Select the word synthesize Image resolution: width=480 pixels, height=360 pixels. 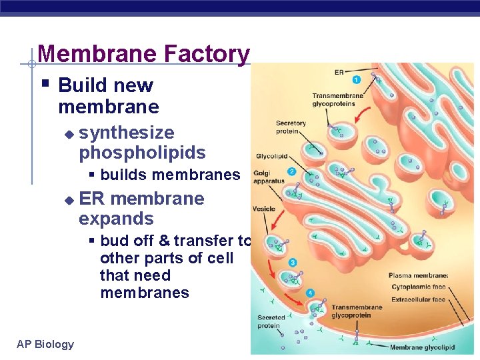tap(126, 133)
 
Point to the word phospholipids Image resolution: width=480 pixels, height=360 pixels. tap(142, 153)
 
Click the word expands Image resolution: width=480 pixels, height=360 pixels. tap(116, 219)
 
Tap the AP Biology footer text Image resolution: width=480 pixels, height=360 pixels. tap(45, 344)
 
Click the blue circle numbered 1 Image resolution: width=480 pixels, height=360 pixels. tap(356, 80)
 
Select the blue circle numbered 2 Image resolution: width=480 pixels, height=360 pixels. tap(291, 171)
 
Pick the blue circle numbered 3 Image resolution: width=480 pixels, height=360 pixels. tap(293, 263)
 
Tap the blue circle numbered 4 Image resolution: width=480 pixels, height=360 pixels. tap(309, 293)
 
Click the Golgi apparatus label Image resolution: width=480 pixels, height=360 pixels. tap(269, 177)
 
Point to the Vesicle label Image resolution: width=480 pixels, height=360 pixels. tap(264, 209)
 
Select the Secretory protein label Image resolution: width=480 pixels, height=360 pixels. tap(291, 127)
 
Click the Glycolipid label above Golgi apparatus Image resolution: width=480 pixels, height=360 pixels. tap(271, 157)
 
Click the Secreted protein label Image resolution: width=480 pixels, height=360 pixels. tap(271, 321)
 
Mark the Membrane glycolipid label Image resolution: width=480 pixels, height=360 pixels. tap(422, 347)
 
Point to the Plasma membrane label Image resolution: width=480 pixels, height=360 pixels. tap(419, 275)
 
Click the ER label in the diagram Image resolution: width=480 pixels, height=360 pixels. tap(339, 71)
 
